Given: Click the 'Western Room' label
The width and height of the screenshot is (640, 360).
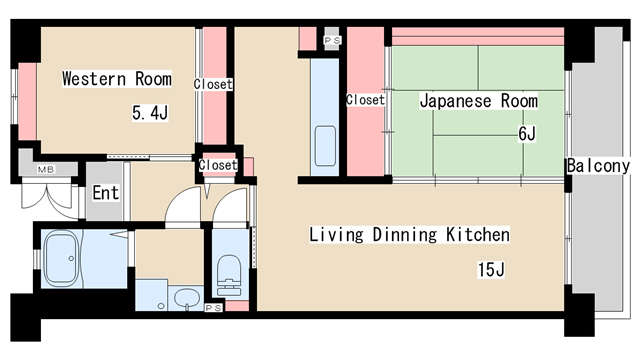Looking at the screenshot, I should tap(116, 79).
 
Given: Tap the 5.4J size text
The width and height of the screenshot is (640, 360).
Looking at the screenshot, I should tap(150, 113).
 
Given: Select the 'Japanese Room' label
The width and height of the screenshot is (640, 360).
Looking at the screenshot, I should tap(478, 101).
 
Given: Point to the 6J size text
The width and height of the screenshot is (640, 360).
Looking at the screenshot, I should tap(527, 134).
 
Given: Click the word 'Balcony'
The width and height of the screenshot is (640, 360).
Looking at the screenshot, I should tap(597, 166).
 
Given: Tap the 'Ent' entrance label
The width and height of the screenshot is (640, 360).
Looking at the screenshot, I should tap(106, 193).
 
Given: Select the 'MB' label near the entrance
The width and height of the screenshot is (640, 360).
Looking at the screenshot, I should tap(46, 168).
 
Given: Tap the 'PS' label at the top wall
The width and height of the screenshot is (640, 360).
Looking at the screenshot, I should tap(332, 40).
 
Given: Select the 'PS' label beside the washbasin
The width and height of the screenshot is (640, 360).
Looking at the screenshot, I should tap(213, 309).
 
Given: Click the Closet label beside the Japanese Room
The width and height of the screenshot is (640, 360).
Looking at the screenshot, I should tap(365, 100).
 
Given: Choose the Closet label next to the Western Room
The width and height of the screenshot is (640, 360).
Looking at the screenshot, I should tap(213, 85).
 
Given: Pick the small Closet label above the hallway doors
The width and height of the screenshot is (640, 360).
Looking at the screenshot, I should tap(218, 165).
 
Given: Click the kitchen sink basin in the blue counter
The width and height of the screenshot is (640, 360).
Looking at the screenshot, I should tap(325, 139).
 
